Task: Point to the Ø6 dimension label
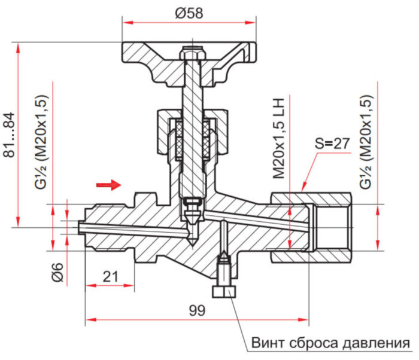[x=57, y=272]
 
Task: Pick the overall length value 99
[x=196, y=310]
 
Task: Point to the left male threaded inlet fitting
[x=111, y=228]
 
